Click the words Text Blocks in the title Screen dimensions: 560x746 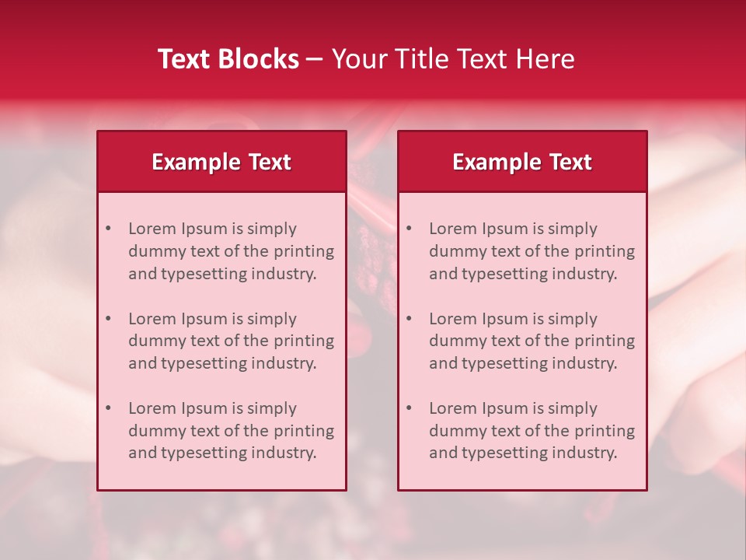pyautogui.click(x=228, y=59)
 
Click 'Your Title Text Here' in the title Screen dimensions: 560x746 pyautogui.click(x=453, y=59)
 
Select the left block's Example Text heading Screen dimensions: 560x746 pyautogui.click(x=221, y=162)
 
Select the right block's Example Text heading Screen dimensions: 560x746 pyautogui.click(x=522, y=162)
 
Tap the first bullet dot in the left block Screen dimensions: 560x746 pyautogui.click(x=109, y=229)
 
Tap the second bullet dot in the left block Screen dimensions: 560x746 pyautogui.click(x=109, y=319)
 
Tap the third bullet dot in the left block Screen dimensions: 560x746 pyautogui.click(x=109, y=408)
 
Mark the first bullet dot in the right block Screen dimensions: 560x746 pyautogui.click(x=410, y=229)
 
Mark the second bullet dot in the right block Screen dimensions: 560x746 pyautogui.click(x=410, y=319)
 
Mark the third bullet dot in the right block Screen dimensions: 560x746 pyautogui.click(x=410, y=408)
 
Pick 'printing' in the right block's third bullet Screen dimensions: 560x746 pyautogui.click(x=606, y=431)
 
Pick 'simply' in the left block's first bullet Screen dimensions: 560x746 pyautogui.click(x=272, y=229)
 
